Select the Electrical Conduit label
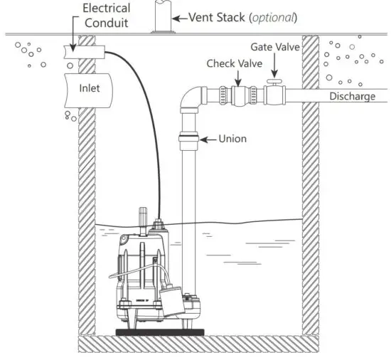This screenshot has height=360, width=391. click(x=107, y=15)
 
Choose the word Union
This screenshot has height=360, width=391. click(x=232, y=139)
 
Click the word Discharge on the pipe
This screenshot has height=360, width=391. click(x=352, y=96)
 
